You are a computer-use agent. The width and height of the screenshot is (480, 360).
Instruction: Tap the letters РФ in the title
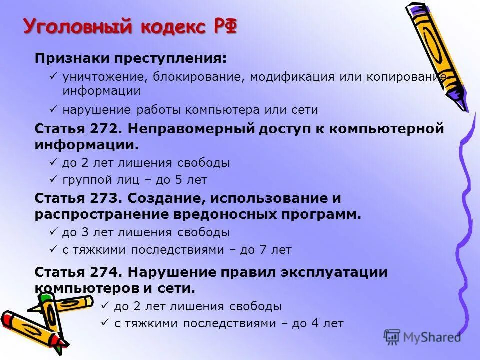point(224,26)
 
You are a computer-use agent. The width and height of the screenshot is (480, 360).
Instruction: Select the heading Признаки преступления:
point(130,58)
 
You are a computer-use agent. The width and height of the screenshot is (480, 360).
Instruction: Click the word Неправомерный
point(191,128)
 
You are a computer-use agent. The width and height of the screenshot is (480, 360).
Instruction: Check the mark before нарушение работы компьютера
point(53,109)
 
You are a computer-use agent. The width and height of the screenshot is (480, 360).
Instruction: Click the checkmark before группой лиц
point(53,179)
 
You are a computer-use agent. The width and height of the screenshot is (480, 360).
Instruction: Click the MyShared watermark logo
point(422,337)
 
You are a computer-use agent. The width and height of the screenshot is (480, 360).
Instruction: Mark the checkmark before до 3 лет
point(53,232)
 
